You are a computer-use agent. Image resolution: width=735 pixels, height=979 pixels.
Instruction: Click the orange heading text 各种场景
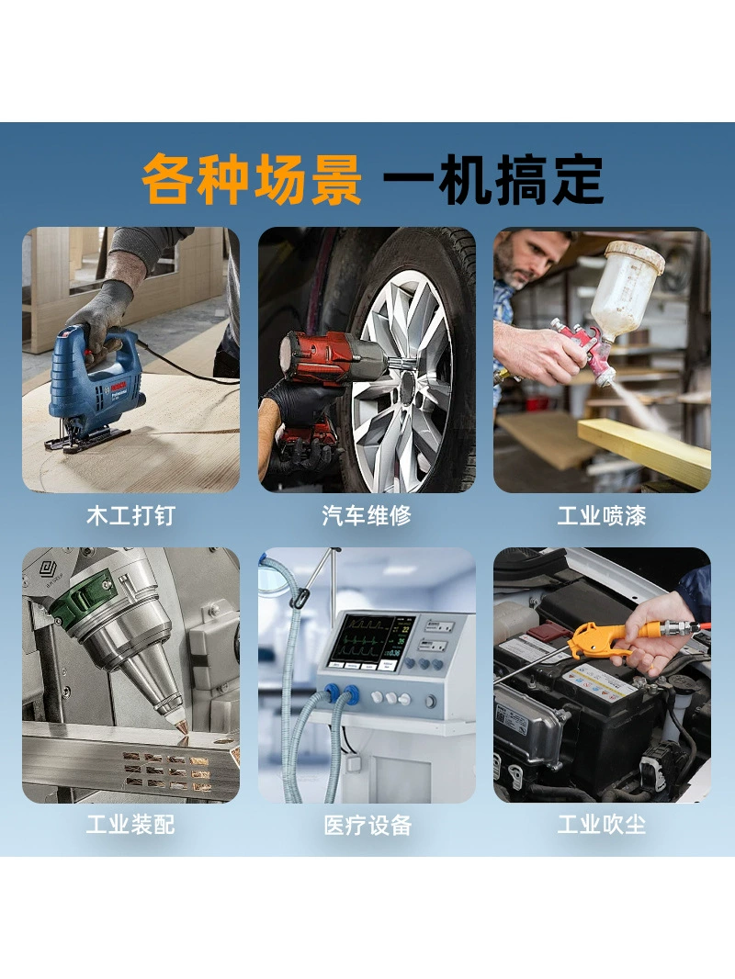(x=253, y=179)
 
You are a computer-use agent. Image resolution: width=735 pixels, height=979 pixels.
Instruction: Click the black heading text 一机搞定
(x=493, y=179)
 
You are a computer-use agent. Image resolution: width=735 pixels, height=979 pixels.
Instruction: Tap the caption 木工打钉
(x=130, y=516)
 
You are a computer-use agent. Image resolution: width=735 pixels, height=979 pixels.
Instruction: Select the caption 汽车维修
(x=367, y=516)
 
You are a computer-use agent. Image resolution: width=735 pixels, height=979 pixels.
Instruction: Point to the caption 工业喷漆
(x=602, y=516)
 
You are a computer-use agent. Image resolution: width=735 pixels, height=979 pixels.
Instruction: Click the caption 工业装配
(x=130, y=825)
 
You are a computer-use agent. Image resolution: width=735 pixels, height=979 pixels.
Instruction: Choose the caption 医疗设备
(x=367, y=825)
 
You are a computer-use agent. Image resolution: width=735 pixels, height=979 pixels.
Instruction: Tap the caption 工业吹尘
(x=602, y=825)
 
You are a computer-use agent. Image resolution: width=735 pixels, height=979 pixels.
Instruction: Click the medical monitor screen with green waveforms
(x=371, y=643)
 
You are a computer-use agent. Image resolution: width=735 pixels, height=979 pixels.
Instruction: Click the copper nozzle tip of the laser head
(x=182, y=726)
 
